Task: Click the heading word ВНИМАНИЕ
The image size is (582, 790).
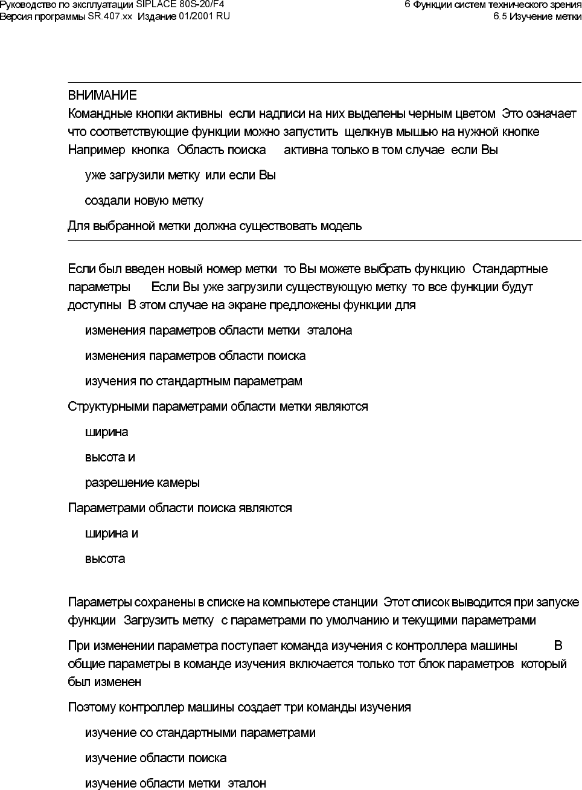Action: [x=102, y=95]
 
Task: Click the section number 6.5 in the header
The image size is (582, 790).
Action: [x=500, y=16]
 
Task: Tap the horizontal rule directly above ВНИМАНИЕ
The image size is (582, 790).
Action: [x=320, y=82]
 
